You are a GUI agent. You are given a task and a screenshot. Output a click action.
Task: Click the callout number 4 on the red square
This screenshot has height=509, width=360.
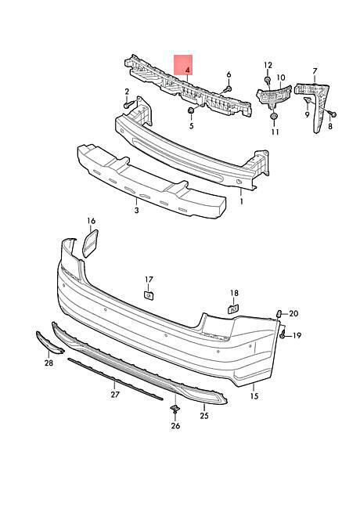pyautogui.click(x=188, y=70)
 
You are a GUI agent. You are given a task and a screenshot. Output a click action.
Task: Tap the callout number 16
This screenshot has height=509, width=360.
pyautogui.click(x=92, y=221)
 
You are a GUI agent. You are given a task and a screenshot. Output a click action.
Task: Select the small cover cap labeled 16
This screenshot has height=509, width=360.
pyautogui.click(x=90, y=244)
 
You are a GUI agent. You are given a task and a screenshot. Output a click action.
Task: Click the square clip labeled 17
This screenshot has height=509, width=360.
pyautogui.click(x=149, y=295)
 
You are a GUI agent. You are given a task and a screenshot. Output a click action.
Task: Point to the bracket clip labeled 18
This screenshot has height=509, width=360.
pyautogui.click(x=233, y=309)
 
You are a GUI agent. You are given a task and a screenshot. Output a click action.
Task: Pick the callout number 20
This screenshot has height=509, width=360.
pyautogui.click(x=293, y=313)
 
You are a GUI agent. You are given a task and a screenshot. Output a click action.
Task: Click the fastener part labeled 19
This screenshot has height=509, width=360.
pyautogui.click(x=283, y=334)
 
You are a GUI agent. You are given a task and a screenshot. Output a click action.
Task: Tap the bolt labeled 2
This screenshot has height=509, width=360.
pyautogui.click(x=129, y=104)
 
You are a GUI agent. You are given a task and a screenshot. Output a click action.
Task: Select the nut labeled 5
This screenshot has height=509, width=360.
pyautogui.click(x=191, y=111)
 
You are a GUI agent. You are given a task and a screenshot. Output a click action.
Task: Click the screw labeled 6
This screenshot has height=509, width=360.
pyautogui.click(x=228, y=88)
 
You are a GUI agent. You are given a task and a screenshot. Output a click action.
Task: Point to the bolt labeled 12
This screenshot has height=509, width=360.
pyautogui.click(x=268, y=80)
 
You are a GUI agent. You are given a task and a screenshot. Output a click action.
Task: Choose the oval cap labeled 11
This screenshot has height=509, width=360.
pyautogui.click(x=274, y=117)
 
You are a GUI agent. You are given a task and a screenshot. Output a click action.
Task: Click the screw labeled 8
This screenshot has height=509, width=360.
pyautogui.click(x=332, y=114)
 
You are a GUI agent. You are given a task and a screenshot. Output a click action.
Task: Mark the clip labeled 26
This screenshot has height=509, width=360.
pyautogui.click(x=175, y=409)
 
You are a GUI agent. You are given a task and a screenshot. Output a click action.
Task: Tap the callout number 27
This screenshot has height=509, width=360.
pyautogui.click(x=115, y=395)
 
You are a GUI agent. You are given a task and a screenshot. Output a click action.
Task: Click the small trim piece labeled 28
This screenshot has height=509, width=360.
pyautogui.click(x=49, y=342)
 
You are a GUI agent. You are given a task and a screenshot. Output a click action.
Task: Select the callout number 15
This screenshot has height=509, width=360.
pyautogui.click(x=254, y=395)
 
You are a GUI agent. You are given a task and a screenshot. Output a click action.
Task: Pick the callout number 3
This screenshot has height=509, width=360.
pyautogui.click(x=136, y=210)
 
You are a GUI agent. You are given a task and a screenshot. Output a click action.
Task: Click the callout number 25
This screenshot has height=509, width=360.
pyautogui.click(x=204, y=416)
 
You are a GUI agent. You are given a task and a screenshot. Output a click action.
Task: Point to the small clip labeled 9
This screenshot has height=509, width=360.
pyautogui.click(x=307, y=101)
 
